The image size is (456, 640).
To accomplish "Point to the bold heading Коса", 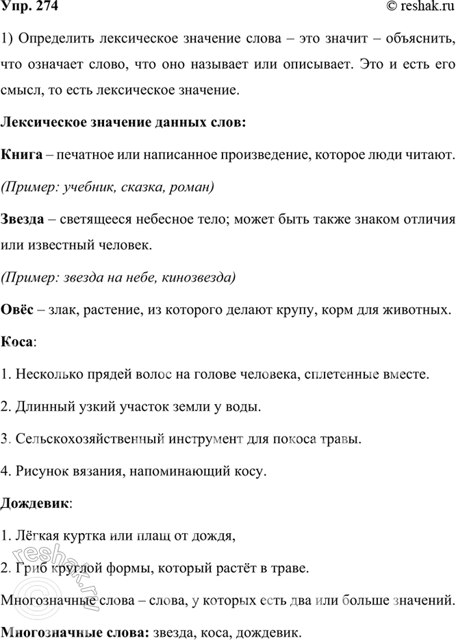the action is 17,341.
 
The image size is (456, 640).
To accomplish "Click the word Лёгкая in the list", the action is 32,536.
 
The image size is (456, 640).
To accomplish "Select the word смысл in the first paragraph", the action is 21,90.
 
